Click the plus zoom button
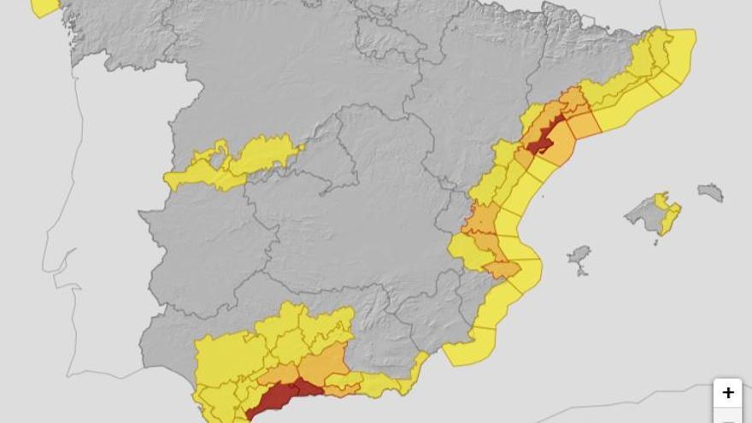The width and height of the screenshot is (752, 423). click(x=727, y=392)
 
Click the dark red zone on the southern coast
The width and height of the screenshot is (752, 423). click(x=279, y=398)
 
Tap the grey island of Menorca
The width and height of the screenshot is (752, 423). click(x=710, y=192)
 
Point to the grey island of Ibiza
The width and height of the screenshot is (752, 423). click(x=579, y=257)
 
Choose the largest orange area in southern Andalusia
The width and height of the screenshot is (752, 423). click(x=323, y=366)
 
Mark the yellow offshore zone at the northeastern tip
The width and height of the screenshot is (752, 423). click(x=679, y=51)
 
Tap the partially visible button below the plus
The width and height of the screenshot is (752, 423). click(x=727, y=417)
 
